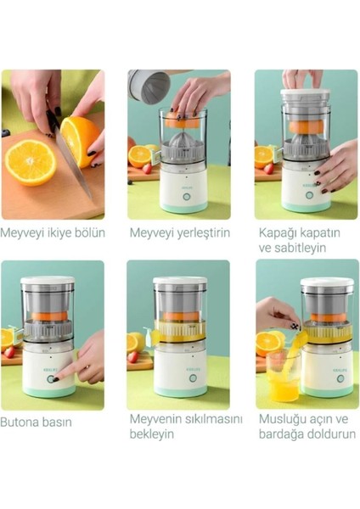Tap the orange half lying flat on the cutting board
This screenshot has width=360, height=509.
click(x=30, y=163)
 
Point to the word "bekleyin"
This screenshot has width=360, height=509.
click(x=152, y=434)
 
